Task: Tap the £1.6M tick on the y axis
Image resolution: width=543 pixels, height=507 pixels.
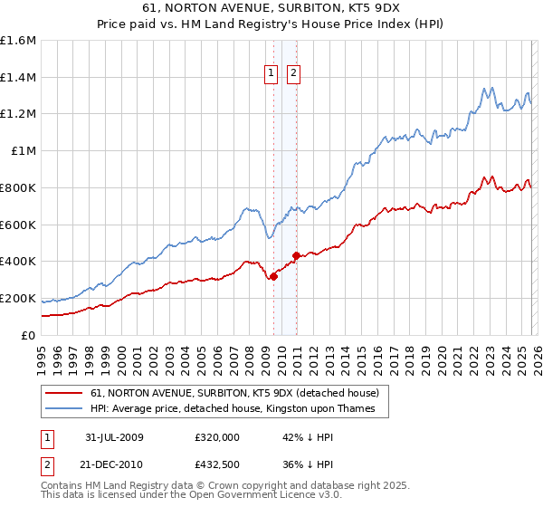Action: [18, 41]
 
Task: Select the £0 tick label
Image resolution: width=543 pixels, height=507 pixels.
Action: [29, 335]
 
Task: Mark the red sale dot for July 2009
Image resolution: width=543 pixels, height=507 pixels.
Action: [273, 276]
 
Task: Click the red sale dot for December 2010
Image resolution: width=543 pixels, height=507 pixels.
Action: [296, 256]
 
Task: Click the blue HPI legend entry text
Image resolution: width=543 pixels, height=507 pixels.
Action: [239, 409]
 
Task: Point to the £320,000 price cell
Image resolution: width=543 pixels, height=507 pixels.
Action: [217, 437]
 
